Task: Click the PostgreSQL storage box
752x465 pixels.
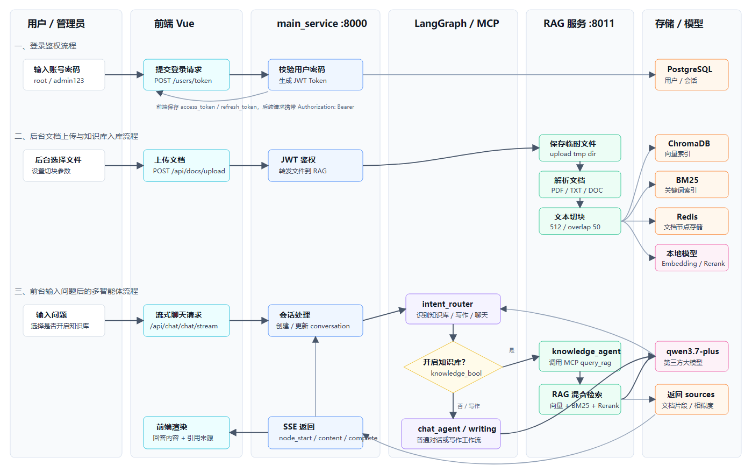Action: (x=692, y=75)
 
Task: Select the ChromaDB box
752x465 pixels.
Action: (x=692, y=148)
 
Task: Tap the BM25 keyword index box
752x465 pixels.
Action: (x=692, y=185)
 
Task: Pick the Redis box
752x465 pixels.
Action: (x=692, y=221)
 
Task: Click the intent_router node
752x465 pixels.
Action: (x=453, y=309)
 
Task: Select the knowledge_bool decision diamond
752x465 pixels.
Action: (x=453, y=367)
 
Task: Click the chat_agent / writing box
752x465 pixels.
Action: (x=451, y=434)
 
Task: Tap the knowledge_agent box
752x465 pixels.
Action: (x=580, y=356)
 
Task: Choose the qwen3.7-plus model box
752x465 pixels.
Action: (x=692, y=356)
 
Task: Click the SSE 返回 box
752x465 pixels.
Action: (x=315, y=433)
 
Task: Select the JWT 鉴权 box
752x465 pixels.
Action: (x=315, y=165)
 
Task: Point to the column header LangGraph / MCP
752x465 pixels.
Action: (x=456, y=23)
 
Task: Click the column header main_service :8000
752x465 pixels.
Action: (x=321, y=24)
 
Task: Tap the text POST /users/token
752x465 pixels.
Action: (x=183, y=81)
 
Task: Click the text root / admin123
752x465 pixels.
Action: (x=59, y=81)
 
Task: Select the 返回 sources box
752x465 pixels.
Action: (x=692, y=399)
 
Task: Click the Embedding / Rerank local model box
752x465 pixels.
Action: (x=692, y=258)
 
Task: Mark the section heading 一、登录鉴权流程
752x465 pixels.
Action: (x=45, y=46)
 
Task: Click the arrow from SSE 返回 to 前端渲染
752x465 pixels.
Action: (x=249, y=433)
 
